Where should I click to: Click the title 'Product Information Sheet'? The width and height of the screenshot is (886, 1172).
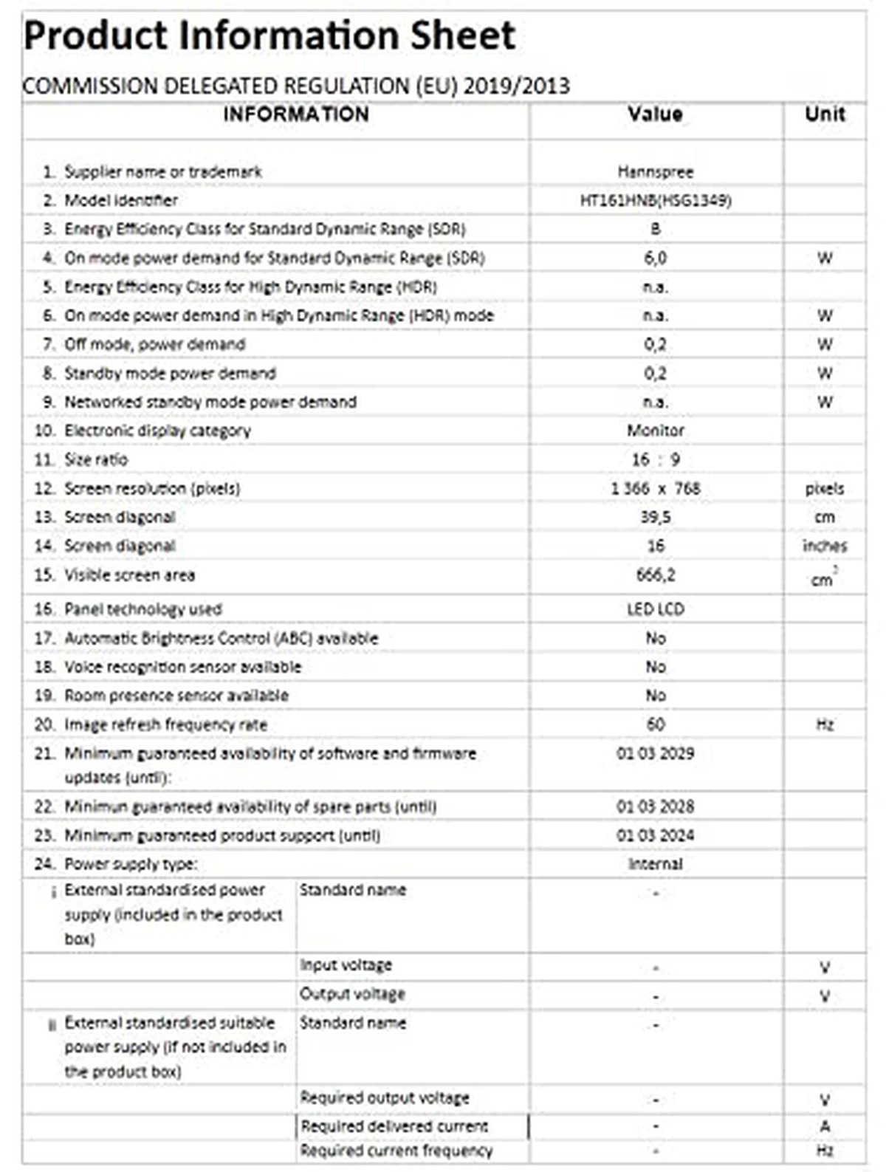point(269,35)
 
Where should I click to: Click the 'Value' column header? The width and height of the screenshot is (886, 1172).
point(655,114)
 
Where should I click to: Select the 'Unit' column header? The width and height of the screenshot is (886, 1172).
point(825,114)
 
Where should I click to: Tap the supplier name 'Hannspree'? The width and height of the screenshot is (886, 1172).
point(655,171)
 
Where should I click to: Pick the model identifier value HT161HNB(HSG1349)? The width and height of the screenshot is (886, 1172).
point(655,200)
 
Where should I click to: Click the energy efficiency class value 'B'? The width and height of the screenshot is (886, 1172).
point(655,229)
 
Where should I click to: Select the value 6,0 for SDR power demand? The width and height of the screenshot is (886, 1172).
point(655,258)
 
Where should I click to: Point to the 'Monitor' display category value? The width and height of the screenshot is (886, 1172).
point(655,431)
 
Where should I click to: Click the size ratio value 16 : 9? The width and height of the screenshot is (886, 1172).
point(655,459)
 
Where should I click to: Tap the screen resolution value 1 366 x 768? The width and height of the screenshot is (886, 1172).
point(655,488)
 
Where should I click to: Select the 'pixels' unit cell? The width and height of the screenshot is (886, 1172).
point(825,488)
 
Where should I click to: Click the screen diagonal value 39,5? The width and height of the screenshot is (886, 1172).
point(655,517)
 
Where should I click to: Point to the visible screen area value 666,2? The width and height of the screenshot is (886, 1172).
point(655,575)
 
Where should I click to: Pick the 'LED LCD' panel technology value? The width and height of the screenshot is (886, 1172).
point(655,609)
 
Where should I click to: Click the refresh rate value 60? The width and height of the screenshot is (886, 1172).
point(655,724)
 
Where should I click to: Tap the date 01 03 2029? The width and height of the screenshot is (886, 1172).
point(655,753)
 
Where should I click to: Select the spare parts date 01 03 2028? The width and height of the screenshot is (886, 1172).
point(655,806)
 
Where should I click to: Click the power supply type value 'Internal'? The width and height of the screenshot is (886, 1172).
point(655,864)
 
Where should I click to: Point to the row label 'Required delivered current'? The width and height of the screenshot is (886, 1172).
point(394,1127)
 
